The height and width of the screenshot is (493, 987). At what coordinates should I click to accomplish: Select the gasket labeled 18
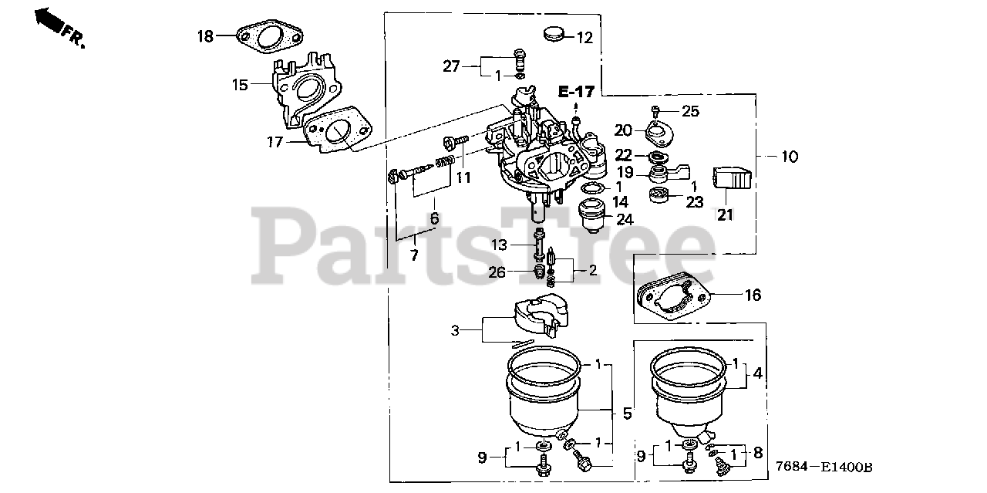267,38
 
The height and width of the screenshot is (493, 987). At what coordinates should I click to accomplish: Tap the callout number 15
241,84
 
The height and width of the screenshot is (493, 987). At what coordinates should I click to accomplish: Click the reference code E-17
576,93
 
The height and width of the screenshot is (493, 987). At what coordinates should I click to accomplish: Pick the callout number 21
726,214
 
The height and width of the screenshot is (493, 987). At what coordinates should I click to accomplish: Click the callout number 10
790,157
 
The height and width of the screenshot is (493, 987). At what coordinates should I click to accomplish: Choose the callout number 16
753,295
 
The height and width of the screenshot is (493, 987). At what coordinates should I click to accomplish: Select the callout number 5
627,414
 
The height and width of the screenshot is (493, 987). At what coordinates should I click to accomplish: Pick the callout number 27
451,66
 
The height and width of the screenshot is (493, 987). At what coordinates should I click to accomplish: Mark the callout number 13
501,245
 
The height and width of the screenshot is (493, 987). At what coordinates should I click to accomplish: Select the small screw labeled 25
656,110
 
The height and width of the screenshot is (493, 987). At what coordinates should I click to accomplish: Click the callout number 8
757,454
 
